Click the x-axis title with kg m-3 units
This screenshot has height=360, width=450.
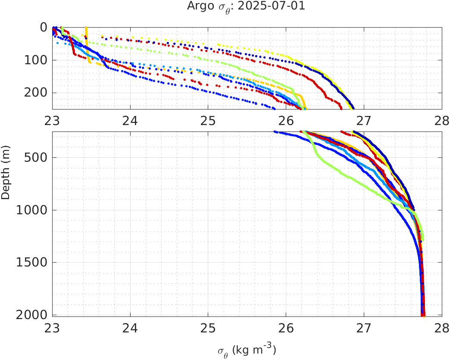tap(247, 350)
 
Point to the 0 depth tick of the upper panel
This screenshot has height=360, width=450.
tap(44, 28)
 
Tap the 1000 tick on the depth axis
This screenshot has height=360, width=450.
tap(34, 210)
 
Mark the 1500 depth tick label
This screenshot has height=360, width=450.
tap(34, 263)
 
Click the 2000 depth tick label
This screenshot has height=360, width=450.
tap(34, 315)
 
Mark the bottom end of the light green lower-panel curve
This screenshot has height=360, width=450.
tap(423, 239)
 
